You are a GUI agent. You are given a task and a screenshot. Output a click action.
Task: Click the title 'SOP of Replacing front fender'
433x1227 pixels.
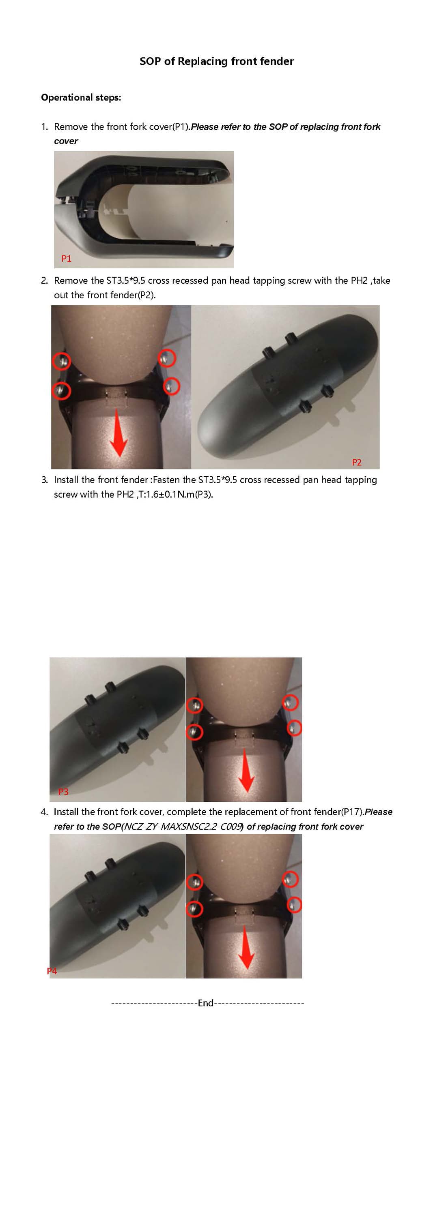click(217, 61)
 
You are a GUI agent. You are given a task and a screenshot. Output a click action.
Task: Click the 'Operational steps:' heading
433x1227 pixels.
click(81, 98)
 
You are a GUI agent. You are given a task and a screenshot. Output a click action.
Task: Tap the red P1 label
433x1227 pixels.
click(66, 259)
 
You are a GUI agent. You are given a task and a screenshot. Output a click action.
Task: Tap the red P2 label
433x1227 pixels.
click(357, 462)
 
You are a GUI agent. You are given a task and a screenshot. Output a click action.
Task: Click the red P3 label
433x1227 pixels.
click(63, 792)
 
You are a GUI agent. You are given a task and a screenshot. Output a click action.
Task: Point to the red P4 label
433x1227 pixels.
click(52, 971)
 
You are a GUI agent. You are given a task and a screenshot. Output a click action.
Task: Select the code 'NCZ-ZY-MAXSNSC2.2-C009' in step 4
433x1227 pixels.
click(183, 827)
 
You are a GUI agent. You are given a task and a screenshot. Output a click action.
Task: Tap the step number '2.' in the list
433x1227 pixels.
click(44, 281)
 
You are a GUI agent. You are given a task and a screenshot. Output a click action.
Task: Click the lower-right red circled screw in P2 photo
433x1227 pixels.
click(172, 386)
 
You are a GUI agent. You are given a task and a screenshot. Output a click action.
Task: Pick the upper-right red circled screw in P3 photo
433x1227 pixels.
click(291, 702)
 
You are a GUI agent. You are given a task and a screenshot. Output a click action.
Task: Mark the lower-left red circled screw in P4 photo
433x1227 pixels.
click(194, 909)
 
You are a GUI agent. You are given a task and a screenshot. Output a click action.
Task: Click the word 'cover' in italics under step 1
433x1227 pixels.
click(66, 141)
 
